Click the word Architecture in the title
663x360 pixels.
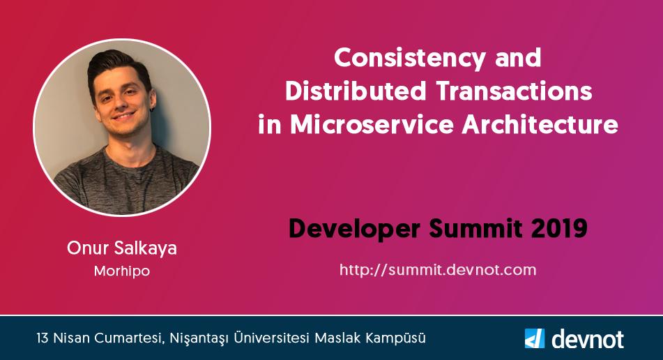click(x=540, y=126)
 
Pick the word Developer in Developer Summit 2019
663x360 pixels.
click(x=355, y=228)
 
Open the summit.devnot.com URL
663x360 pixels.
click(x=437, y=269)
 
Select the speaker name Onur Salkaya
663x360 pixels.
click(x=122, y=248)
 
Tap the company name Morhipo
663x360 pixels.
click(x=122, y=271)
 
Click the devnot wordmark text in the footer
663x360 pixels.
click(x=587, y=339)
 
